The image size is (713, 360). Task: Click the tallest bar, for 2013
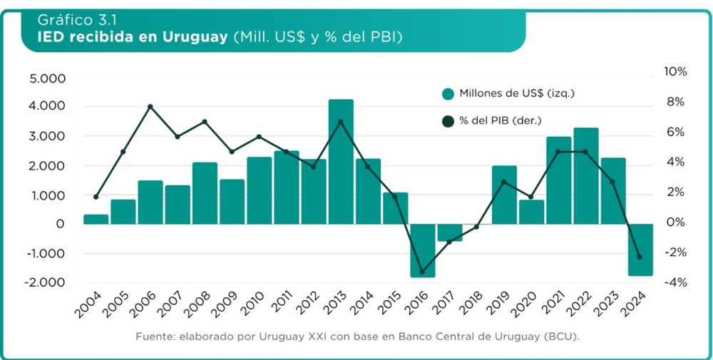(341, 162)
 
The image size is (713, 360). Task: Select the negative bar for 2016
(423, 250)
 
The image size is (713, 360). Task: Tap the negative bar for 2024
(640, 250)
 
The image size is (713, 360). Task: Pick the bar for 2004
(96, 220)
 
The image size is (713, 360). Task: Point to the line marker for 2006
(150, 107)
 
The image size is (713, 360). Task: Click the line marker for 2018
(477, 227)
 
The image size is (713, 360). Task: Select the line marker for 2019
(504, 182)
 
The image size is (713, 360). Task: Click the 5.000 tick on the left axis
(46, 78)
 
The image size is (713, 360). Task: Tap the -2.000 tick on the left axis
(44, 282)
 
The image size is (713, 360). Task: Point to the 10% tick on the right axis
(674, 72)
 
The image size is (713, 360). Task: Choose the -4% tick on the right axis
(674, 282)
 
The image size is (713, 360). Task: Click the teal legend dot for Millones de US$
(448, 94)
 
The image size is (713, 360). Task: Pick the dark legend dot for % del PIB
(448, 122)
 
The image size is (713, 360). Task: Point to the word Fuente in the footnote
(153, 335)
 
